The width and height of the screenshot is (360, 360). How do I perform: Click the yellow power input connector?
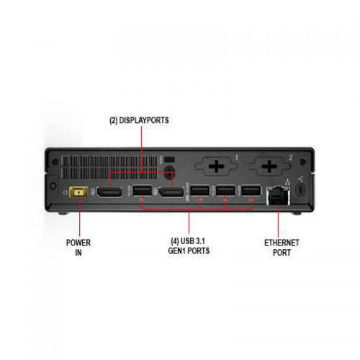click(x=78, y=192)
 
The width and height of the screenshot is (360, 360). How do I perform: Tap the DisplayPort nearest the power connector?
click(x=109, y=192)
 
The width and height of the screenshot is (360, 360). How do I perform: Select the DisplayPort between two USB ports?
click(x=171, y=192)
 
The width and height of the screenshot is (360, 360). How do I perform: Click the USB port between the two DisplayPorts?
click(x=142, y=191)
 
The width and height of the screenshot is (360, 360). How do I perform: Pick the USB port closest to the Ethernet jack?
click(x=251, y=191)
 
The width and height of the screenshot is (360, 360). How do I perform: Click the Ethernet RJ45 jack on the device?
click(x=279, y=196)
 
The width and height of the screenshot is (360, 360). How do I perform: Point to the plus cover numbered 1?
click(x=216, y=166)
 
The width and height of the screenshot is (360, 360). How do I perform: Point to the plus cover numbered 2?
click(x=269, y=166)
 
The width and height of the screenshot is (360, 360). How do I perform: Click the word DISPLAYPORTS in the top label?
click(x=144, y=120)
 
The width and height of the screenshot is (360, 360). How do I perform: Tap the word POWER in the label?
click(x=78, y=243)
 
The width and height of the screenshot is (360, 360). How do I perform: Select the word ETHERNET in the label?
click(x=282, y=243)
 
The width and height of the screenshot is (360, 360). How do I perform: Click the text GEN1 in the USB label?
click(x=177, y=251)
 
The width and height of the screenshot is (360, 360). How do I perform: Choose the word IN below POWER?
click(x=78, y=253)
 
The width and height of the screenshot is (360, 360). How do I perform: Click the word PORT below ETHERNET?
click(x=282, y=253)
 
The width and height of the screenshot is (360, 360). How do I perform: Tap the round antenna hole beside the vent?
click(x=169, y=172)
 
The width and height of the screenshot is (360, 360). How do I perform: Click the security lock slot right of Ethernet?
click(x=302, y=189)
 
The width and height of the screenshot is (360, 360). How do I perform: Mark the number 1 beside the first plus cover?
click(x=236, y=158)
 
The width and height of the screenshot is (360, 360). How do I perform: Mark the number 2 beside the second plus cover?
click(x=291, y=158)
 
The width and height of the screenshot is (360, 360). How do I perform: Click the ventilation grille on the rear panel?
click(x=109, y=167)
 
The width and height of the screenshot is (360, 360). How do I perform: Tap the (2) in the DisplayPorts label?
click(x=114, y=120)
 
